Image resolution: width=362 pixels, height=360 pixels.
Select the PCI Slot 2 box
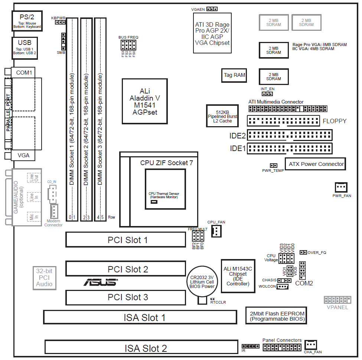tap(125, 269)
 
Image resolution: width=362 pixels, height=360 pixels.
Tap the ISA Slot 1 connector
tap(140, 317)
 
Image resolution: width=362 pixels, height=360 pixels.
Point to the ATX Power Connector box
tap(316, 164)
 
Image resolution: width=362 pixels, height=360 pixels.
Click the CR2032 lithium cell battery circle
tap(202, 282)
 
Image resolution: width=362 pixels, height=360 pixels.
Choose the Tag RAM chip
tap(234, 75)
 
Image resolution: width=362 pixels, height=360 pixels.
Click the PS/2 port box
tap(27, 21)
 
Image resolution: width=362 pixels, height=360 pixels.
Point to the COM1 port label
tap(23, 73)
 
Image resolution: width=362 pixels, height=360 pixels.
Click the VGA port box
tap(23, 156)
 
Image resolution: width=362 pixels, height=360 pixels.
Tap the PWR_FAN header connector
tap(341, 187)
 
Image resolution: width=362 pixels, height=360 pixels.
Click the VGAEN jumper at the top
tap(212, 9)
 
